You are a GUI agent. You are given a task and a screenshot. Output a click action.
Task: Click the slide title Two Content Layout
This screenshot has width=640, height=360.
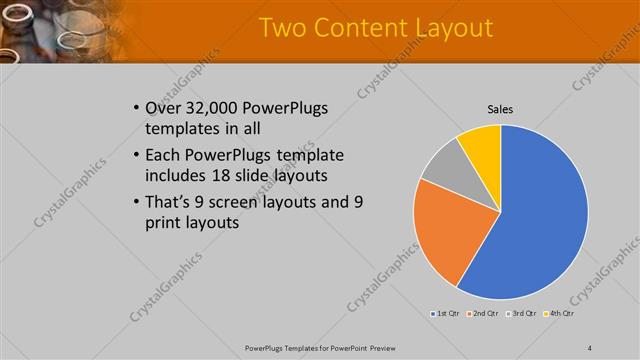[x=375, y=27]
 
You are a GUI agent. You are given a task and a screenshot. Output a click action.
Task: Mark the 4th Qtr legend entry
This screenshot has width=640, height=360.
[x=557, y=314]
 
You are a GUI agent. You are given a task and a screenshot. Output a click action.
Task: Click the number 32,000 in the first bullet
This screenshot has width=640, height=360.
[x=214, y=108]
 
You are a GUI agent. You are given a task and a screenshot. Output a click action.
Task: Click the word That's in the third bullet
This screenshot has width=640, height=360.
[x=171, y=202]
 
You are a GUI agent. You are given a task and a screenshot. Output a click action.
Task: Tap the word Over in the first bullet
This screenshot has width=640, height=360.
[x=165, y=108]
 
